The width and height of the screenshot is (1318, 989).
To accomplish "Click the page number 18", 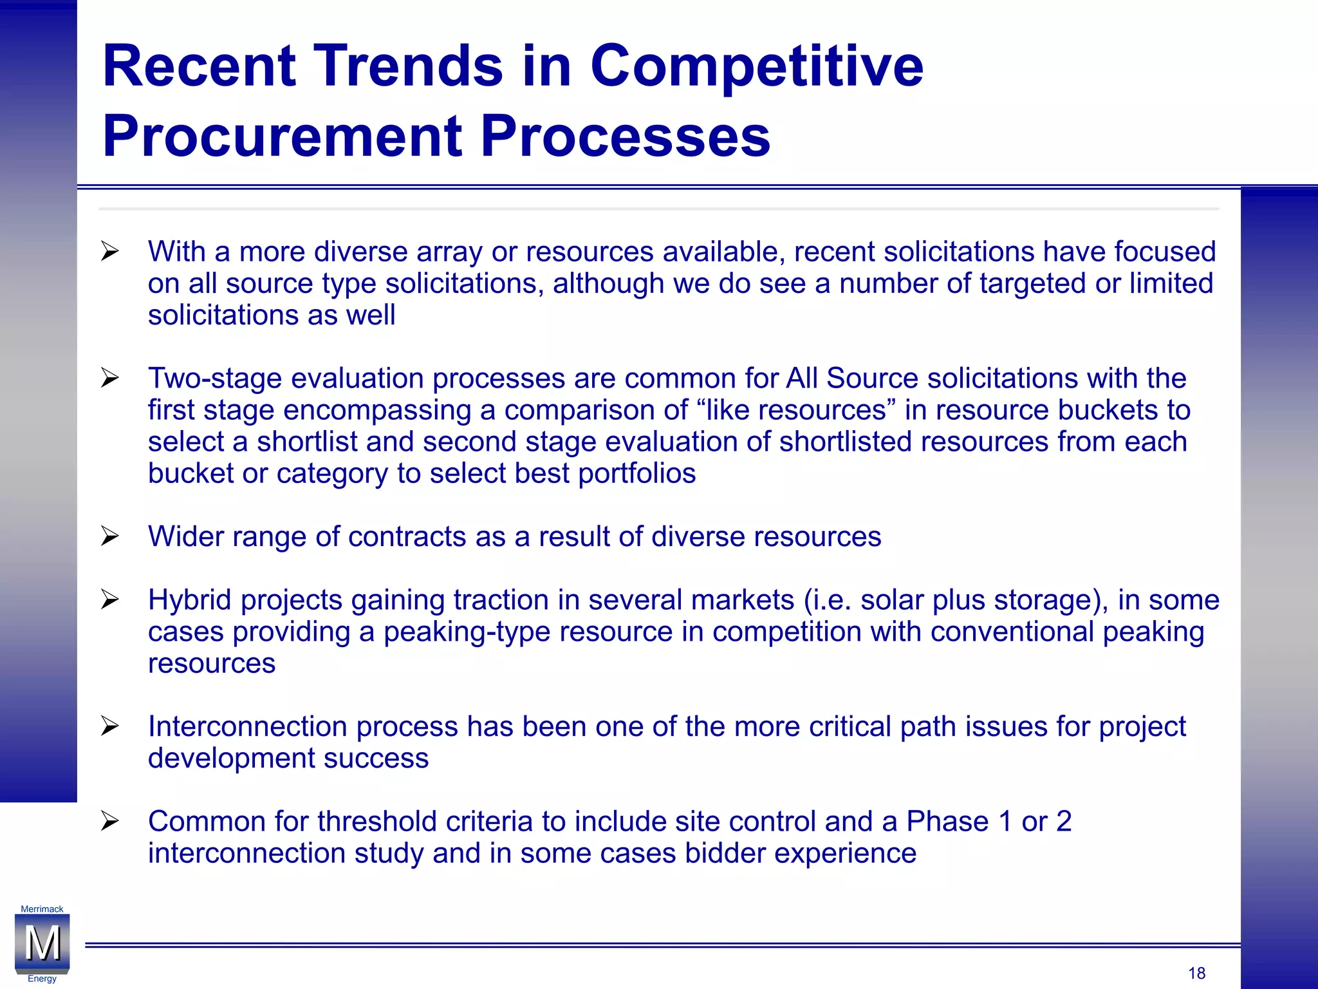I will tap(1196, 973).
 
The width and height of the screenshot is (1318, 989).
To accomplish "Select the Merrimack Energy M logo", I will tap(42, 944).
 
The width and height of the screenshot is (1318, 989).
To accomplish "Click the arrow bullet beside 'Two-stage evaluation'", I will tap(110, 378).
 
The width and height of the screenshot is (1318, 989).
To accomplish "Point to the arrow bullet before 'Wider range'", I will tap(110, 536).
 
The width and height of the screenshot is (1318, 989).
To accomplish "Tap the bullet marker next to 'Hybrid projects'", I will tap(110, 600).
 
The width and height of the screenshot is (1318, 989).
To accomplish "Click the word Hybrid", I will tap(189, 600).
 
